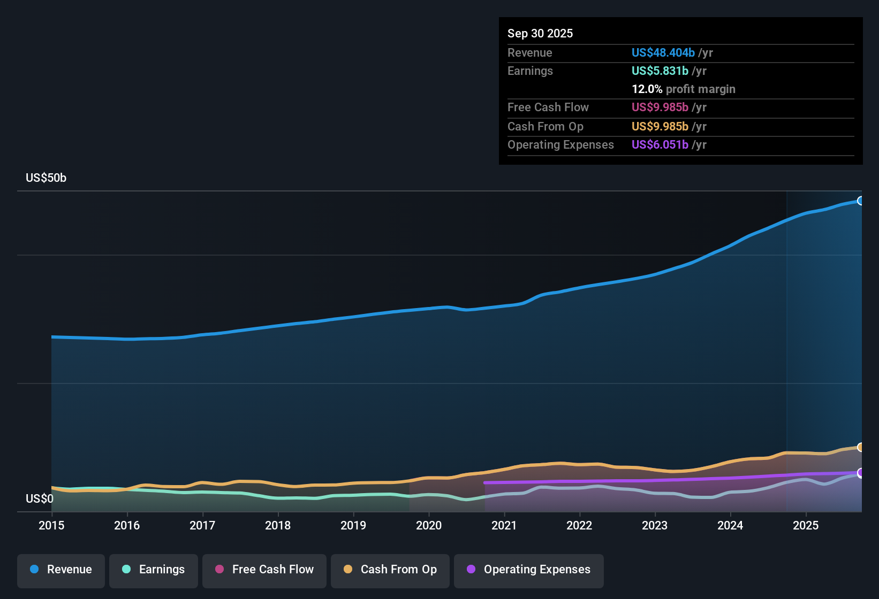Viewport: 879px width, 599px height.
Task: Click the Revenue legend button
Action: [61, 570]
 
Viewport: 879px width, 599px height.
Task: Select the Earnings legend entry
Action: [154, 570]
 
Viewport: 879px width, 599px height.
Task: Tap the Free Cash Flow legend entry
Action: [264, 570]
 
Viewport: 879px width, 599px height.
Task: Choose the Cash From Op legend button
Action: [390, 570]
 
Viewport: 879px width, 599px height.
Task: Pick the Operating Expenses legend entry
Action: [529, 570]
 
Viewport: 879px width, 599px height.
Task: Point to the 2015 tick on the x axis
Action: [51, 525]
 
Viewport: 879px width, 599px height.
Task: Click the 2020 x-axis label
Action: [429, 525]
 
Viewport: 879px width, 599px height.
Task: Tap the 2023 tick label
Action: [655, 525]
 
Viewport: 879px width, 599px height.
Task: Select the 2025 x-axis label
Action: [806, 525]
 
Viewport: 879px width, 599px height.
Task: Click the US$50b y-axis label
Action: [46, 178]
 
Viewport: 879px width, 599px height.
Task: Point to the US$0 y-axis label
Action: [40, 499]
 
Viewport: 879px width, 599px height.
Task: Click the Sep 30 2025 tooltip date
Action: [540, 33]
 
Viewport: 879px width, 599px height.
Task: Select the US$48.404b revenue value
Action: [663, 52]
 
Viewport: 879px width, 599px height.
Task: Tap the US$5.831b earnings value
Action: [660, 71]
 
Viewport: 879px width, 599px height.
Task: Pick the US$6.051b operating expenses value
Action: [660, 144]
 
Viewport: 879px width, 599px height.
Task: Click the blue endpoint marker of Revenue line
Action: [860, 201]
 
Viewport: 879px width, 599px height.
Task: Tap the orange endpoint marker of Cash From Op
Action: [860, 447]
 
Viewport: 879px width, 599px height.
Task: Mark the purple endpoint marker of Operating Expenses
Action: [860, 473]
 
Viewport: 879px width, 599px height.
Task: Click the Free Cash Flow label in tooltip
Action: [548, 107]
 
